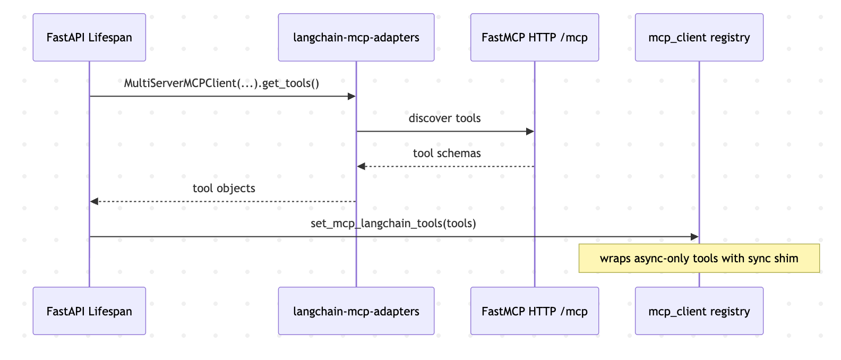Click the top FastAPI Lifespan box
click(x=89, y=38)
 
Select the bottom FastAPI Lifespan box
click(x=89, y=311)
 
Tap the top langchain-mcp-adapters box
click(x=356, y=38)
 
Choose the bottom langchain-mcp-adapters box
click(x=356, y=311)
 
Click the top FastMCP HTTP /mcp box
click(x=535, y=38)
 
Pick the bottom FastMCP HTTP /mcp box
click(x=535, y=311)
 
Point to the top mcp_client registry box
click(x=699, y=38)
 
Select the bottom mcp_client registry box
click(x=699, y=311)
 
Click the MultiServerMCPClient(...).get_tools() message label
click(x=221, y=83)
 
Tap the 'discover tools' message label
click(x=444, y=118)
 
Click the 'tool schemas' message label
click(x=447, y=153)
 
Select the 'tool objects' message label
click(x=224, y=188)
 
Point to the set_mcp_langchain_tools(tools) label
click(x=393, y=224)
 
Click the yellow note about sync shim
click(x=699, y=259)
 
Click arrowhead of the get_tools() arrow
click(x=351, y=96)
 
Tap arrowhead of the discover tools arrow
click(x=529, y=131)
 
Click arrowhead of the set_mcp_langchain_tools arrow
click(x=694, y=237)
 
